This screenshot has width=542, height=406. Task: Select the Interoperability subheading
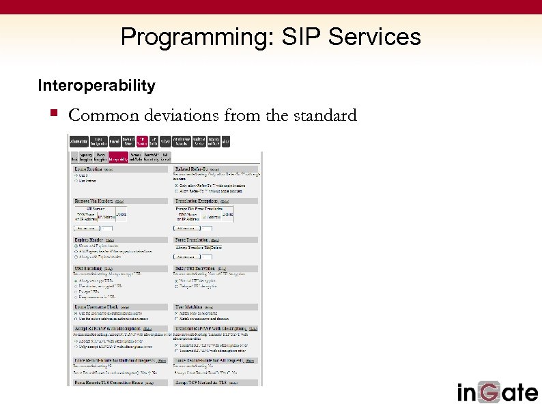(96, 86)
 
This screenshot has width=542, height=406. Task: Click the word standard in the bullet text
(324, 115)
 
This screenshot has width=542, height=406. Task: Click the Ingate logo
(497, 392)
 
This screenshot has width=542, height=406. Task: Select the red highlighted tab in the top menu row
(142, 141)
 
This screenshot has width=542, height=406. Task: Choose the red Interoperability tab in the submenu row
(118, 158)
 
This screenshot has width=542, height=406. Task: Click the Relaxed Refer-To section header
(192, 169)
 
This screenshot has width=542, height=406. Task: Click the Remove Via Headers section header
(94, 201)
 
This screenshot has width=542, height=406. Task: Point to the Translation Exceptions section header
(201, 201)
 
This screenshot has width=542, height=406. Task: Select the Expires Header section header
(89, 240)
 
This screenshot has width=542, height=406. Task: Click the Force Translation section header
(193, 240)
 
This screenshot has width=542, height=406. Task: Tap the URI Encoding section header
(89, 269)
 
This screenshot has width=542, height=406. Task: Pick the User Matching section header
(190, 308)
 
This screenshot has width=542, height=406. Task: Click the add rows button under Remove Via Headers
(86, 228)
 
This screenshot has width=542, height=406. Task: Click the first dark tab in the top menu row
(79, 141)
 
